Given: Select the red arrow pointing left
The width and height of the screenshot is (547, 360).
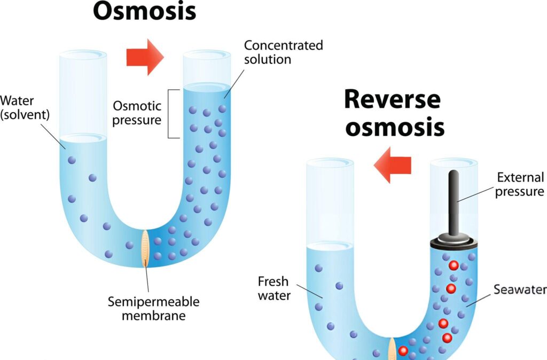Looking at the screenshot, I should [393, 166].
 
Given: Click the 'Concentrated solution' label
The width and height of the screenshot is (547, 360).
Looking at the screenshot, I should [283, 52].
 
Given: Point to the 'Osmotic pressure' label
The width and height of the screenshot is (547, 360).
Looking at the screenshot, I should [137, 113].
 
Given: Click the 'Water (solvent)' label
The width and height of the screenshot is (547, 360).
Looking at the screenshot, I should [24, 107].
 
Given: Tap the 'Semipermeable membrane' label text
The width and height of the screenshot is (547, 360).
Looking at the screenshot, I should [153, 308].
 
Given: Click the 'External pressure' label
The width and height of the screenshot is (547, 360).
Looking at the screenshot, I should [519, 184].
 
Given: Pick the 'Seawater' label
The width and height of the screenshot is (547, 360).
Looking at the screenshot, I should [520, 289].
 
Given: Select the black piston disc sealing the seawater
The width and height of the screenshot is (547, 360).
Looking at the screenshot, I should [454, 242].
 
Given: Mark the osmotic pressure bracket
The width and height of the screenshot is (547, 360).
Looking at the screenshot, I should [173, 113].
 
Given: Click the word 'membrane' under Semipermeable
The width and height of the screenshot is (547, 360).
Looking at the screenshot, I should [153, 315].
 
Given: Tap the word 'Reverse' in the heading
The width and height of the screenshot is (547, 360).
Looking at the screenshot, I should [392, 99].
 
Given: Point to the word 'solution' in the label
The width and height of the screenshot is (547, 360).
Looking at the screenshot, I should [268, 59].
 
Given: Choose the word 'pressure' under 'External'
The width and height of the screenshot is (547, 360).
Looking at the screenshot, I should [519, 191].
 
